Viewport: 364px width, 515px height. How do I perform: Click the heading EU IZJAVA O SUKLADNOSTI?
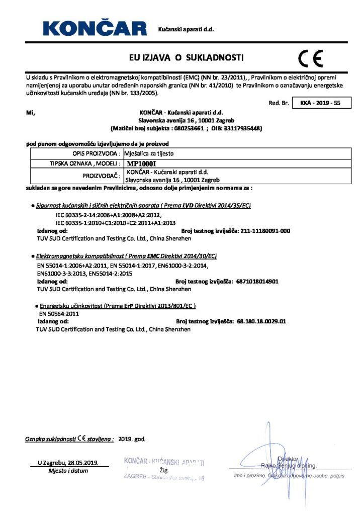pos(186,58)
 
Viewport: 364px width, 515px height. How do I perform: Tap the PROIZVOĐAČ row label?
pos(102,176)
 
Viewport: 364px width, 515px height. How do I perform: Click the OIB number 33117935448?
pos(242,128)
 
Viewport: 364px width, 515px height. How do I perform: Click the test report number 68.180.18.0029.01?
pos(261,321)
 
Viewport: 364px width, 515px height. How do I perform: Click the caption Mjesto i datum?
pos(68,471)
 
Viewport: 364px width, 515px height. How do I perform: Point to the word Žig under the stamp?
pos(163,470)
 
